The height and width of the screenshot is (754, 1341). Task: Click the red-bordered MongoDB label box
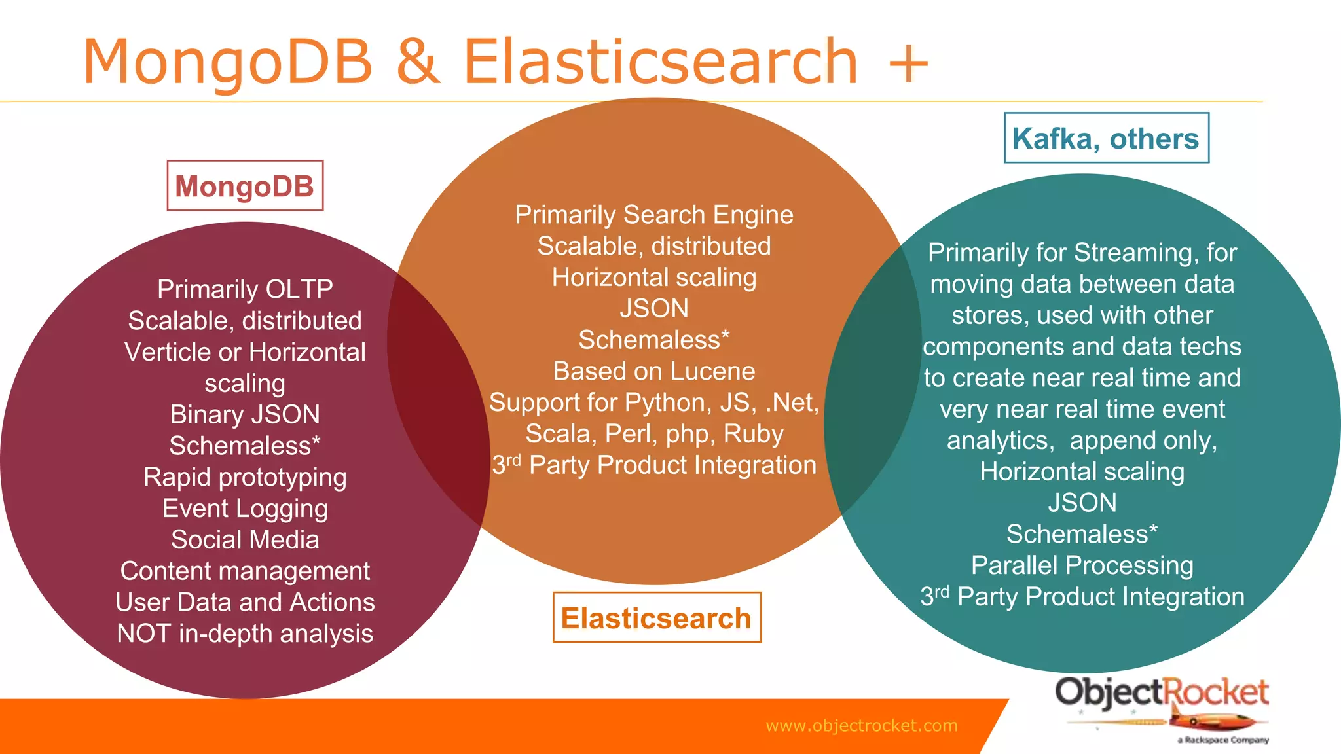[245, 186]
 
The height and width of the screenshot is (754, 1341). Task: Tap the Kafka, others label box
[1106, 138]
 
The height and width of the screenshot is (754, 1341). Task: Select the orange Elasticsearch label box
[656, 618]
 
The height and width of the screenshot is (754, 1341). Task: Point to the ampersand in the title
[418, 62]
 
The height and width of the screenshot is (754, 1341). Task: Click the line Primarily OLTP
[245, 289]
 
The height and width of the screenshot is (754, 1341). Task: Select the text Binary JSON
[245, 414]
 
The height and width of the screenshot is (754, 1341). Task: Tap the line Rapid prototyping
[245, 477]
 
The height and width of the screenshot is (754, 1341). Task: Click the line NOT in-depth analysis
[245, 634]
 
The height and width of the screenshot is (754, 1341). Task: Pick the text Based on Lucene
[654, 371]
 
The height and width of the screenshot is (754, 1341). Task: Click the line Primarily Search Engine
[654, 215]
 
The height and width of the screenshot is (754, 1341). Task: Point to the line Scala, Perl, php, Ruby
[654, 434]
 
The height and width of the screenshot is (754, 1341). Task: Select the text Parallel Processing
[1082, 565]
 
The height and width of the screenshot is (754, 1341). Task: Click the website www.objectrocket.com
[861, 725]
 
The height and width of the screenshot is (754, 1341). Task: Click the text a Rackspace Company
[1222, 740]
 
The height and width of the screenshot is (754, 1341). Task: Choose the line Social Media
[245, 540]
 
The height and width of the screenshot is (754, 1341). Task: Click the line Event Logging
[245, 509]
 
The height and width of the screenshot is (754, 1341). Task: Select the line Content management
[245, 571]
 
